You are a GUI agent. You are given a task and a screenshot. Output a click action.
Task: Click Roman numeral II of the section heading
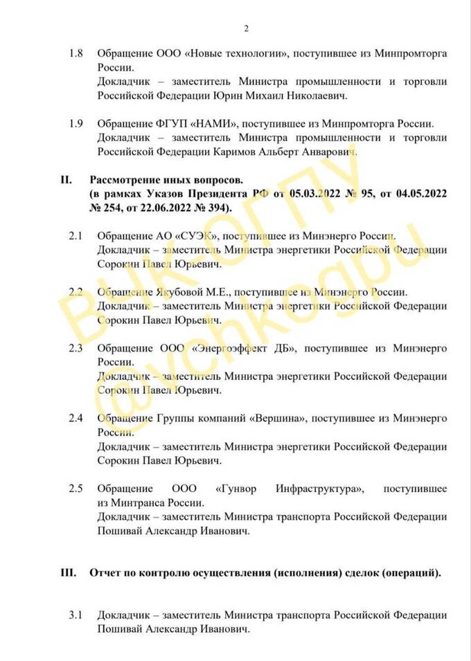pos(66,181)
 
